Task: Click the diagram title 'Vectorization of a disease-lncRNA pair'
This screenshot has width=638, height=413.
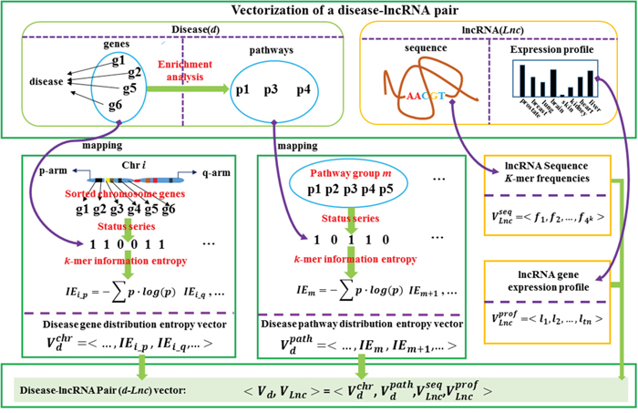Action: [319, 10]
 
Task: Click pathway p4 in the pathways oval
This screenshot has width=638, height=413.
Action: [303, 89]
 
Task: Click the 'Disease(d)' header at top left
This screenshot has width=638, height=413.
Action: [169, 29]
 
